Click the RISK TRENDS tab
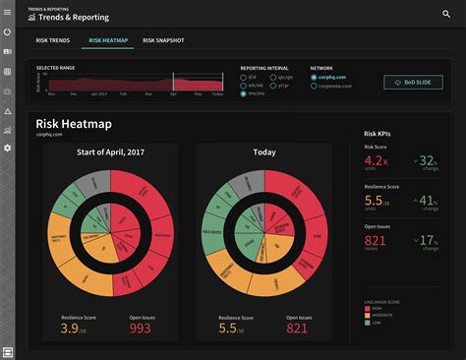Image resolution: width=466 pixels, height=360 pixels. click(x=53, y=41)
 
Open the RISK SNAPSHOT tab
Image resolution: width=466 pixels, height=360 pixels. click(x=163, y=41)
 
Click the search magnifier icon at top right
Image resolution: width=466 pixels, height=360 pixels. click(x=447, y=14)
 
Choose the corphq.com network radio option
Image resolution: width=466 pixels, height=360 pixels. click(x=314, y=76)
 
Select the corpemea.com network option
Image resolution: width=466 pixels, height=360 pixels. click(x=314, y=86)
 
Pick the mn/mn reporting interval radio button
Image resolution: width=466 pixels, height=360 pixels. click(x=244, y=93)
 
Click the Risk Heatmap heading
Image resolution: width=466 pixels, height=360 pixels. click(x=74, y=125)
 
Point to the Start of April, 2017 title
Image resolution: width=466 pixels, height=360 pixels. click(x=110, y=152)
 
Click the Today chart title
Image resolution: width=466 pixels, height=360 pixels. click(x=262, y=152)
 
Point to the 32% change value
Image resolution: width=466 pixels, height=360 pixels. click(x=428, y=160)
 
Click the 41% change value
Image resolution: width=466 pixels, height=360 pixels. click(x=428, y=201)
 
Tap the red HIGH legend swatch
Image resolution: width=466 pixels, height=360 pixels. click(x=368, y=308)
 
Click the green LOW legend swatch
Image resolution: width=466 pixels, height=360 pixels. click(x=368, y=322)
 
